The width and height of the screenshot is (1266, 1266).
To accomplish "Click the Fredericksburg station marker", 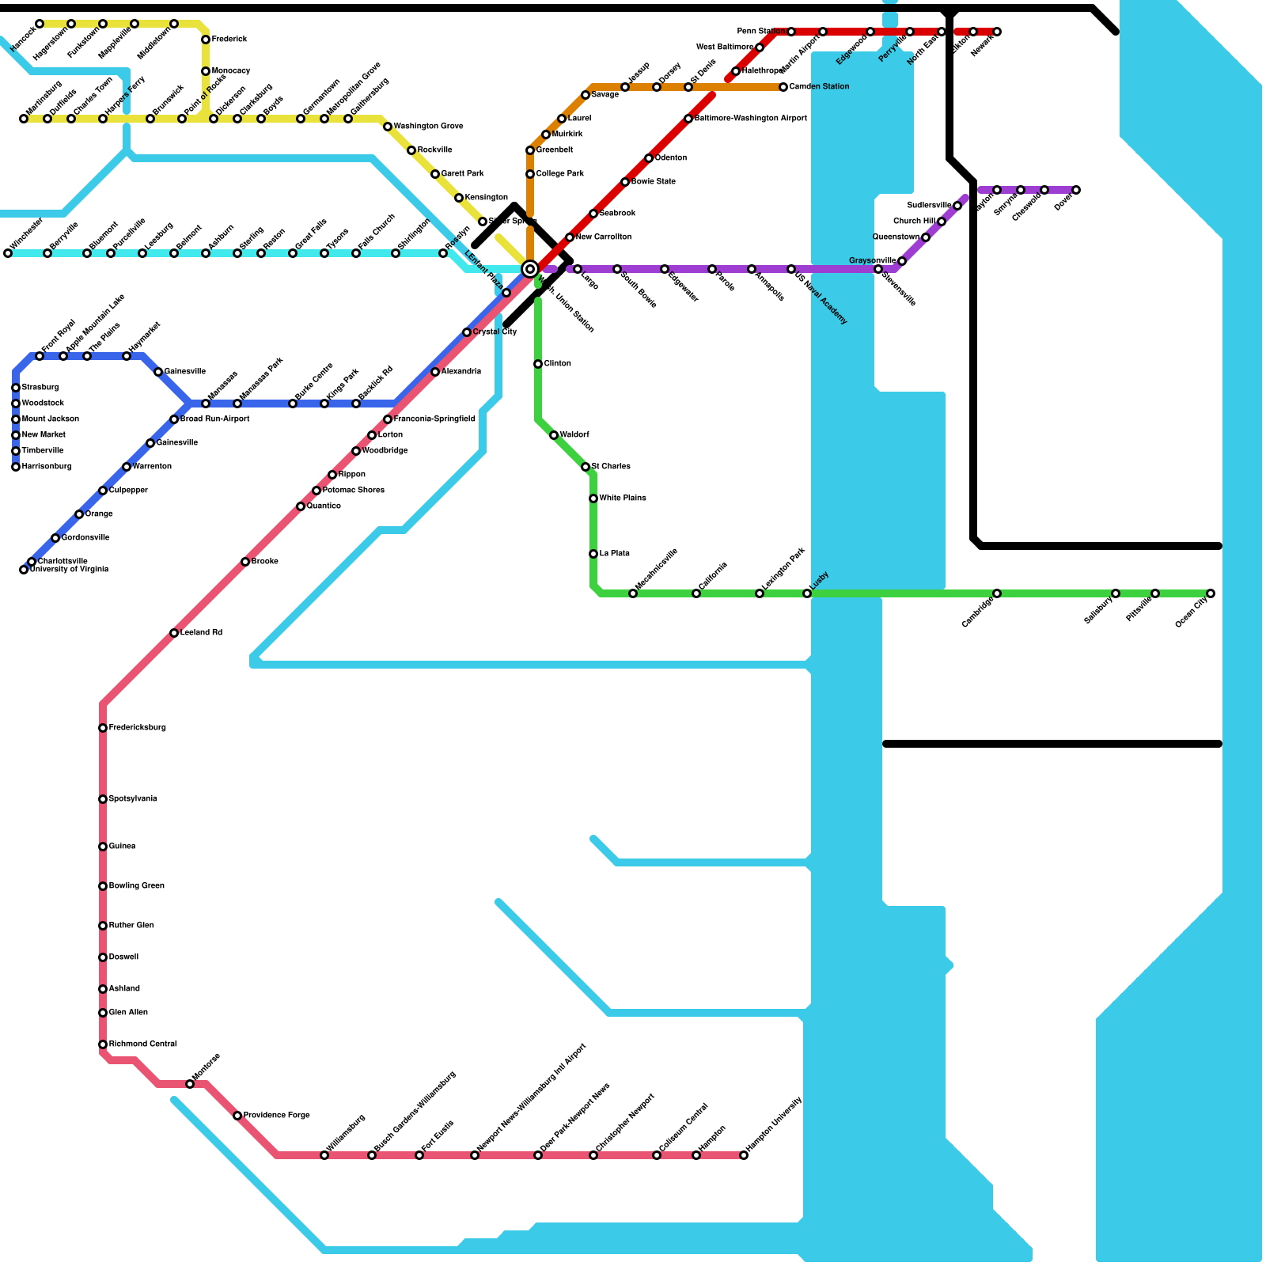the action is click(103, 728).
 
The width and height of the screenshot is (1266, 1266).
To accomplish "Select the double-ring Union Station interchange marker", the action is click(530, 269).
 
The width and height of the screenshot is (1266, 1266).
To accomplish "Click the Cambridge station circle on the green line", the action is click(997, 593).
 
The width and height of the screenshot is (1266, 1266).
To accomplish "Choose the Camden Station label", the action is click(819, 87).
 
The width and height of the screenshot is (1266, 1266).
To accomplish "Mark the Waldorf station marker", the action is click(554, 435).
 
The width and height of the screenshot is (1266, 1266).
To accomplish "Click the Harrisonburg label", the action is click(46, 467).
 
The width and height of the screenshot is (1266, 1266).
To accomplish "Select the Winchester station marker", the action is click(8, 253).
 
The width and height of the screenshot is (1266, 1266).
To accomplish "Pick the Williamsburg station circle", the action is click(324, 1155).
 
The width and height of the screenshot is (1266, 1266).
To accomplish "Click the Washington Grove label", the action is click(428, 127).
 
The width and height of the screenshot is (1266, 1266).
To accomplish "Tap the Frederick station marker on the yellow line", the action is click(206, 40).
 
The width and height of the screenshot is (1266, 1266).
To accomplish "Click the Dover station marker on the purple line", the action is click(1076, 190).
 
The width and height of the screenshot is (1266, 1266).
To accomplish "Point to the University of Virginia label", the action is click(69, 570).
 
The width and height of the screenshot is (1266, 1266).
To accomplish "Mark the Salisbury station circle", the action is click(1116, 593).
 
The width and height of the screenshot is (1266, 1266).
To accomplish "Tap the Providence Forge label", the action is click(276, 1116).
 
